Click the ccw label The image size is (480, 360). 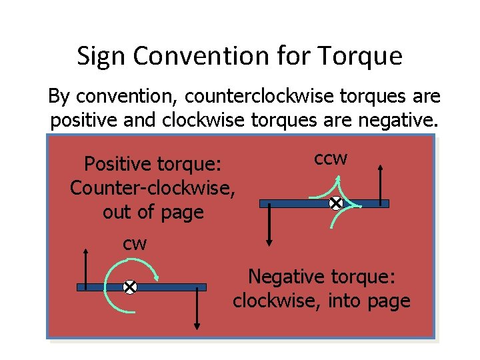(x=331, y=159)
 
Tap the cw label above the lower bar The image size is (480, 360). (x=135, y=243)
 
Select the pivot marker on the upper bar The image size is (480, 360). (x=336, y=203)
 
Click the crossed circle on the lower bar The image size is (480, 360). (x=130, y=287)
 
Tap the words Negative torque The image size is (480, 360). (x=321, y=275)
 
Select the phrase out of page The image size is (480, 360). (x=153, y=212)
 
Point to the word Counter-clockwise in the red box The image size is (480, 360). (x=153, y=188)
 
